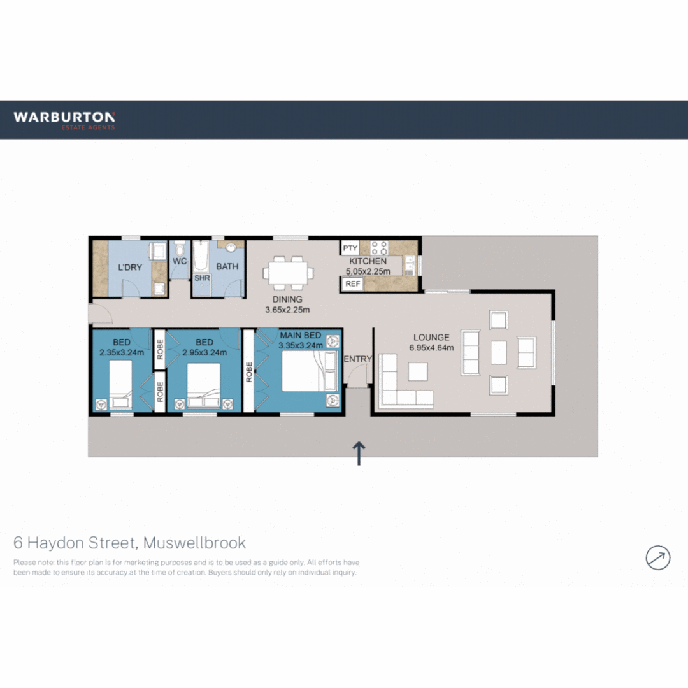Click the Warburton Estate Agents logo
pyautogui.click(x=64, y=119)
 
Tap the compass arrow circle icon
pyautogui.click(x=657, y=557)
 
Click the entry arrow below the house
pyautogui.click(x=359, y=454)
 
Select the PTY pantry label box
pyautogui.click(x=350, y=248)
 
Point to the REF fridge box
pyautogui.click(x=352, y=284)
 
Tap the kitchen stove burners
pyautogui.click(x=379, y=247)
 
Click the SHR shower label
pyautogui.click(x=202, y=278)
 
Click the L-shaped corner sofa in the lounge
pyautogui.click(x=401, y=387)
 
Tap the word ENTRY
pyautogui.click(x=357, y=359)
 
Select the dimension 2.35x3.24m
pyautogui.click(x=122, y=352)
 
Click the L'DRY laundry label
pyautogui.click(x=130, y=267)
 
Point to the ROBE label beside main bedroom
pyautogui.click(x=249, y=373)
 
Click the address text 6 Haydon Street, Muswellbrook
pyautogui.click(x=130, y=543)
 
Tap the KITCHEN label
pyautogui.click(x=368, y=261)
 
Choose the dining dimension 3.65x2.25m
pyautogui.click(x=287, y=310)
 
